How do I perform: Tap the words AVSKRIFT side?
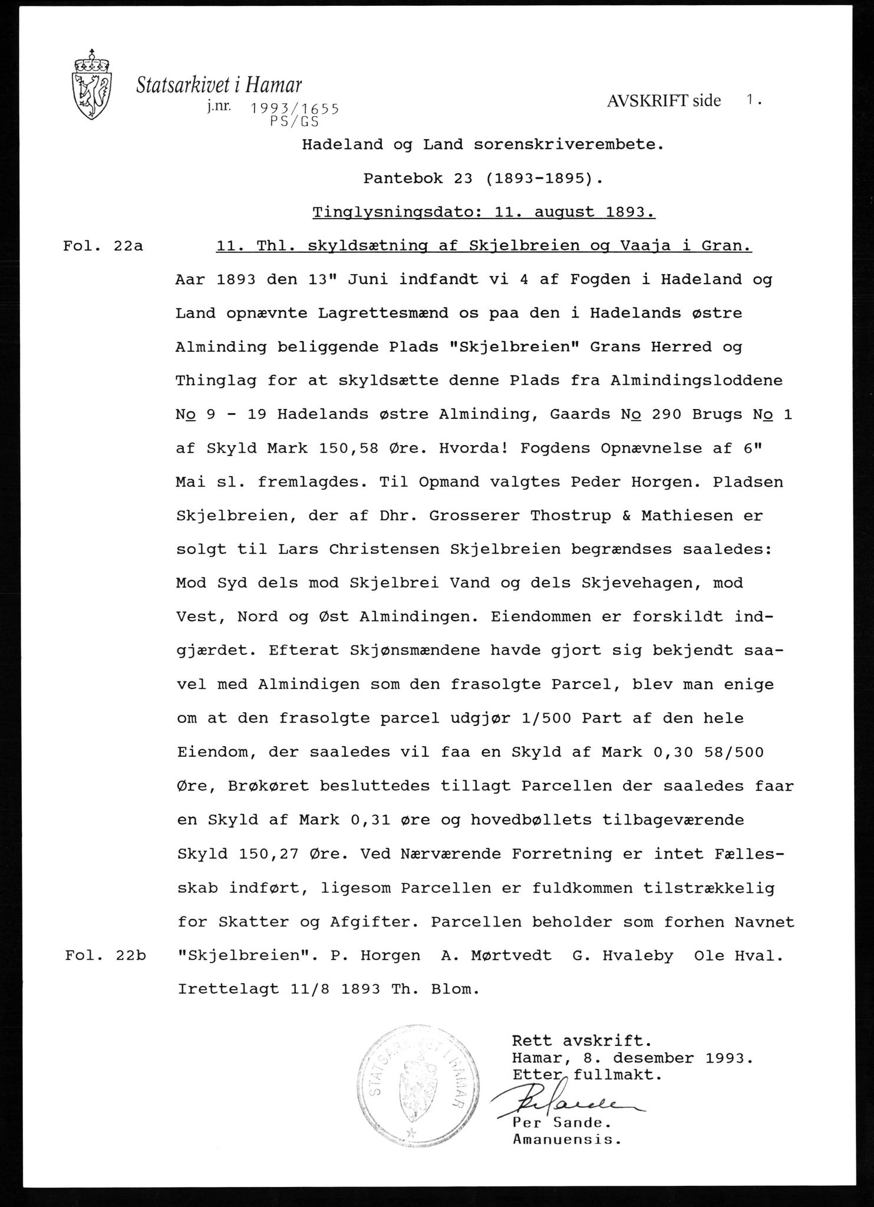pos(663,101)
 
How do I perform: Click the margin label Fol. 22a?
pos(103,246)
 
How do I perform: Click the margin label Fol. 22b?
pos(105,956)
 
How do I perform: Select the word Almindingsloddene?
pos(697,381)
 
